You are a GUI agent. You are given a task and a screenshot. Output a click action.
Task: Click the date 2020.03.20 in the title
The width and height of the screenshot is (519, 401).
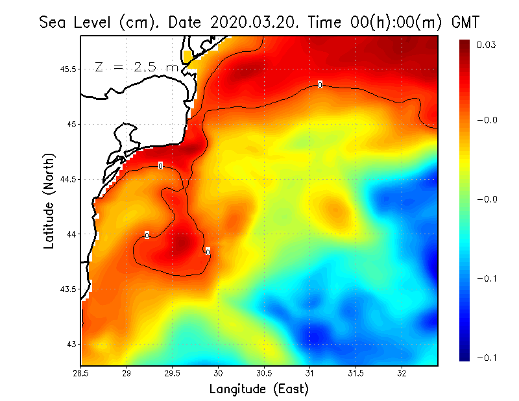pyautogui.click(x=252, y=21)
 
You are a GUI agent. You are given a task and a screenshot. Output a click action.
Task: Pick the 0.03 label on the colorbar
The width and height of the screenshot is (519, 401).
pyautogui.click(x=487, y=45)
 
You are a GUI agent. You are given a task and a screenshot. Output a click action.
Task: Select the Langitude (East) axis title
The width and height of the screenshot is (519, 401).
pyautogui.click(x=259, y=389)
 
